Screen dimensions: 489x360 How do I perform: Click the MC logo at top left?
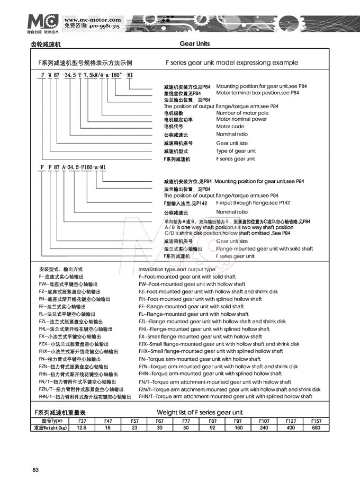[43, 22]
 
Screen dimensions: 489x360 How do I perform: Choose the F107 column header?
[264, 421]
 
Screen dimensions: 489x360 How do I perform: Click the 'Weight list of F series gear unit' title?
[200, 412]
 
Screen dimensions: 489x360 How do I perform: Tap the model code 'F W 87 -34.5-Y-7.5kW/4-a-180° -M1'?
[84, 76]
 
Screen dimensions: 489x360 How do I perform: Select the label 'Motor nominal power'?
[241, 119]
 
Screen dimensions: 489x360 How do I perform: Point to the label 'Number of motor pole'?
[242, 113]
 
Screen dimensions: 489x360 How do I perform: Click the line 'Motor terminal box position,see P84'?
[257, 93]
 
